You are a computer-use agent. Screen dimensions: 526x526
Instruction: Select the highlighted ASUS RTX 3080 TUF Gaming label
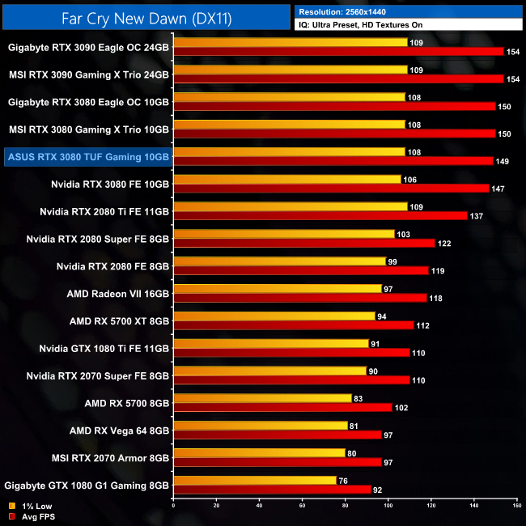pos(87,157)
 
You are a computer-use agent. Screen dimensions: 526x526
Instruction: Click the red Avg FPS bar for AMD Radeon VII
pos(299,297)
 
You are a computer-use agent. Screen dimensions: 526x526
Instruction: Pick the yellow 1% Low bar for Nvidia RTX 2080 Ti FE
pos(290,206)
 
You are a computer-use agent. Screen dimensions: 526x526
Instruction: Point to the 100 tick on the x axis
pos(388,506)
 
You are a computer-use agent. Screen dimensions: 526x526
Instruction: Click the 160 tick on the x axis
pos(516,506)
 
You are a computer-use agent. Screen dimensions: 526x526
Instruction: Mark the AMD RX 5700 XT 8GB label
pos(119,321)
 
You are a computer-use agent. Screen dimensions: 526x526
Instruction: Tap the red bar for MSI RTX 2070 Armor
pos(277,462)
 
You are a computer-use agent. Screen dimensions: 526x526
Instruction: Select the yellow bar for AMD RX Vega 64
pos(260,425)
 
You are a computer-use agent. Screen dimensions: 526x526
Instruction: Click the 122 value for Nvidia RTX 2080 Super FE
pos(446,243)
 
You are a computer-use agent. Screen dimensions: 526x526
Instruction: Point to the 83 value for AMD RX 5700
pos(361,398)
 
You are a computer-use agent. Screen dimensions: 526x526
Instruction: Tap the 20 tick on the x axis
pos(216,506)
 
